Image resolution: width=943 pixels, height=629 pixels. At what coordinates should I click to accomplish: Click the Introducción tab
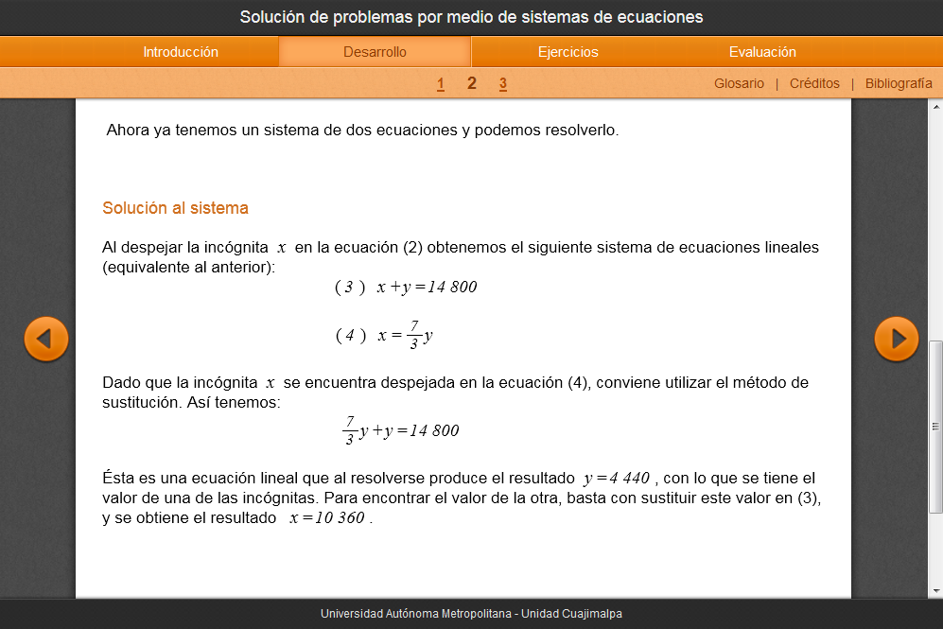(x=181, y=52)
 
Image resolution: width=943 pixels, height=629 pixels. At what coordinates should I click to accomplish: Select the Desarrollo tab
(x=375, y=52)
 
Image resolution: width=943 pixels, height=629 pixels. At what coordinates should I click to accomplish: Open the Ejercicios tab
(x=568, y=52)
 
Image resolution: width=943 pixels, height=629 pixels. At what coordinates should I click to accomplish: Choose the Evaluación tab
(x=762, y=52)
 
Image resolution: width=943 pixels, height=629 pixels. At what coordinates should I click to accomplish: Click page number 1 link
(x=441, y=84)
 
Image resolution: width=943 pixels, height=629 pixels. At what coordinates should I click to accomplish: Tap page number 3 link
(x=503, y=84)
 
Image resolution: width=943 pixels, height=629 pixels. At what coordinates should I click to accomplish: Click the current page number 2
(x=472, y=83)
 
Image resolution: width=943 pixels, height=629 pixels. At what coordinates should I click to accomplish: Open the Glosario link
(x=739, y=83)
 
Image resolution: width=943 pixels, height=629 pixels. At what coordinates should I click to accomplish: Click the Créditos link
(x=814, y=83)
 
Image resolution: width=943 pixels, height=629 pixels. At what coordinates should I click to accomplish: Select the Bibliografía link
(x=899, y=83)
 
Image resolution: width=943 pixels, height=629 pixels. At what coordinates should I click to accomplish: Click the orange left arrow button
(x=46, y=339)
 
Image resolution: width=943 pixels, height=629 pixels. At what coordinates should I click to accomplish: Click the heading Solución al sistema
(x=175, y=208)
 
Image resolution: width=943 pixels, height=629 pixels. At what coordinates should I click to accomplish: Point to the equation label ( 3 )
(x=350, y=288)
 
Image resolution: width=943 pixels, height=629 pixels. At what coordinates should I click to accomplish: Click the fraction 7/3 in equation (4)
(x=414, y=335)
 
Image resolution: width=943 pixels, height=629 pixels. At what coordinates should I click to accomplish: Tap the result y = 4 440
(x=617, y=478)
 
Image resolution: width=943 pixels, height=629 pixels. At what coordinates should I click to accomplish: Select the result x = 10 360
(x=327, y=518)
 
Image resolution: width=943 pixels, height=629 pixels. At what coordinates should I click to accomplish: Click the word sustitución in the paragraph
(x=143, y=402)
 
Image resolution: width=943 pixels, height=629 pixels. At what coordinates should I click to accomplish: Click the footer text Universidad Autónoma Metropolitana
(x=417, y=614)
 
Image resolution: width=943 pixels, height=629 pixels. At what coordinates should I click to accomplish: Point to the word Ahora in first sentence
(x=127, y=131)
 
